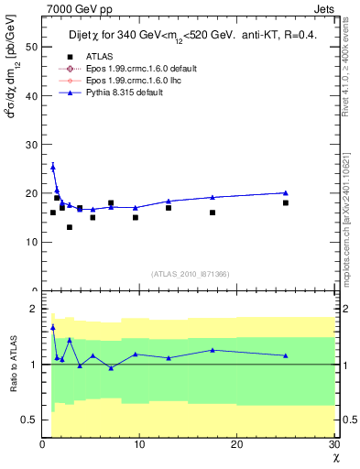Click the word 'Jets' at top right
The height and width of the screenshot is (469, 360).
coord(324,7)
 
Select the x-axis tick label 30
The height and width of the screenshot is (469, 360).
coord(333,445)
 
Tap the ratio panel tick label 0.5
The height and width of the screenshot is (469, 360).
coord(29,420)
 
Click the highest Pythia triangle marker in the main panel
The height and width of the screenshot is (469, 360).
coord(52,167)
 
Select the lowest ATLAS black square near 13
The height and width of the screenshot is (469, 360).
coord(69,227)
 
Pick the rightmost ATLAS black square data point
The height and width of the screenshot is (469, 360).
coord(286,202)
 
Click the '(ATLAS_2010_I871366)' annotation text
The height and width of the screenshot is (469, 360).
coord(190,274)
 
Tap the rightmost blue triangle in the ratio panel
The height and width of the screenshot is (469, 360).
coord(286,355)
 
